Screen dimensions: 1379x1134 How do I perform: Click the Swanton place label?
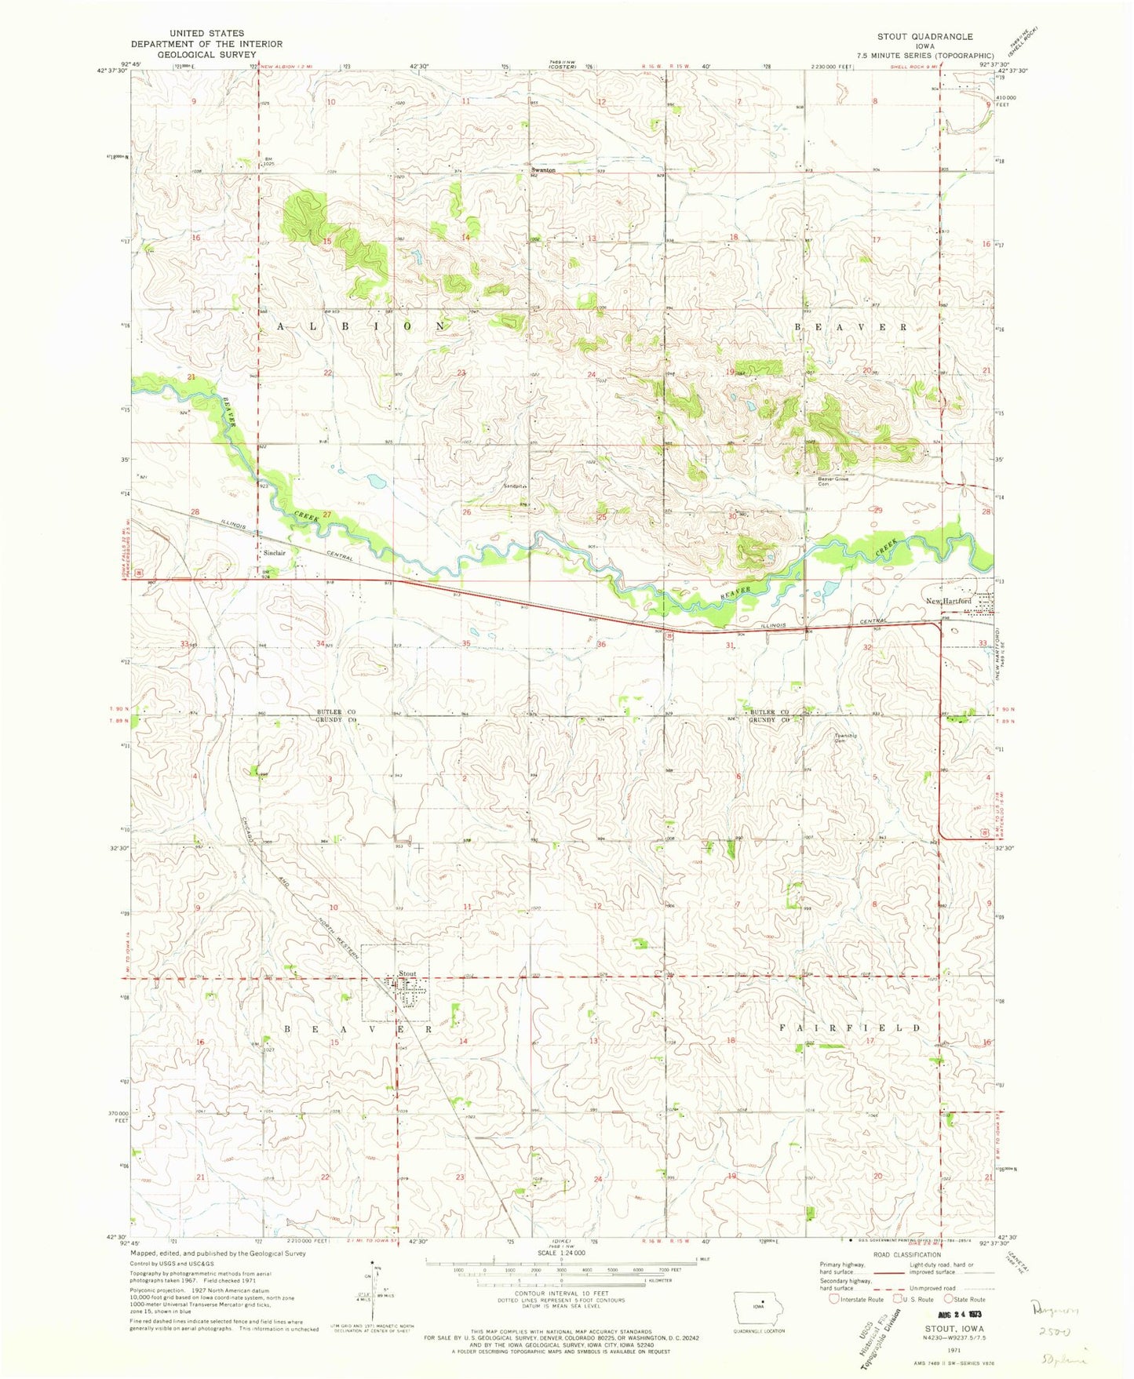pos(543,170)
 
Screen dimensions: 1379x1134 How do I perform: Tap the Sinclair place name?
pos(274,553)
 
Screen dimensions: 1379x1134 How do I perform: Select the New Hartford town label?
pos(948,601)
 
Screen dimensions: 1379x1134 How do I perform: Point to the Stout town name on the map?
pos(407,974)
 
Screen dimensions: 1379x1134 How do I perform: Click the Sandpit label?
pos(512,486)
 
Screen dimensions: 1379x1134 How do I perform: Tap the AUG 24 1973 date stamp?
pos(956,1313)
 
